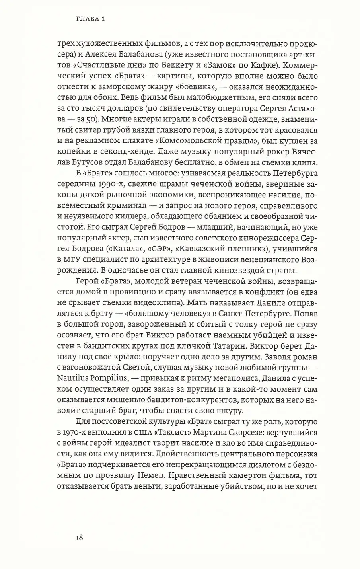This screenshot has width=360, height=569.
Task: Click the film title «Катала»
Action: tap(126, 249)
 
